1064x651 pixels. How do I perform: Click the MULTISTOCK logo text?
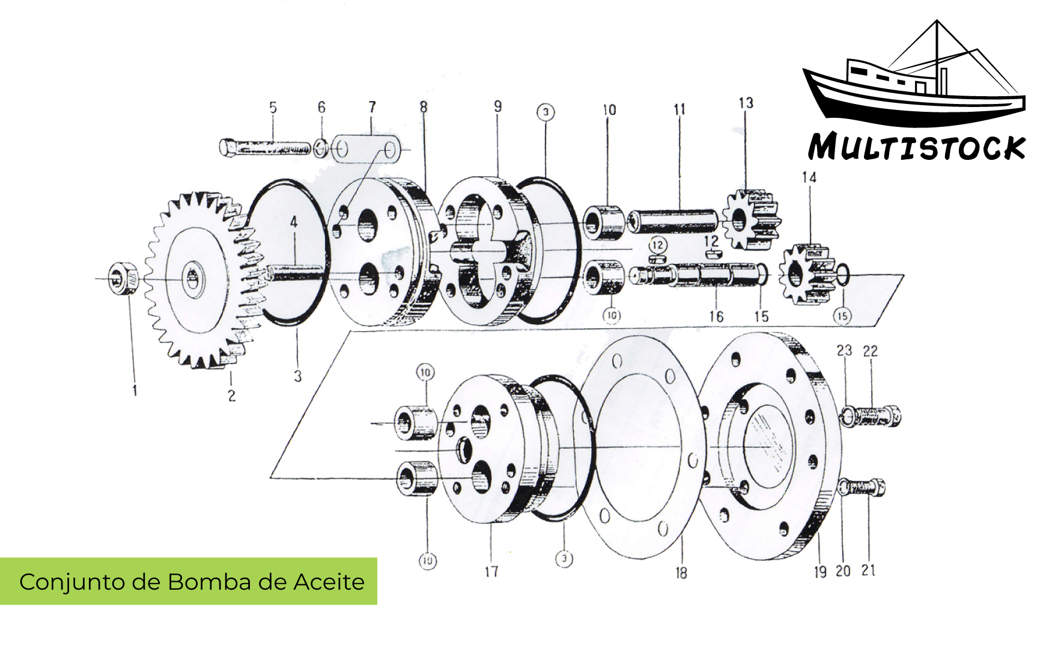click(916, 147)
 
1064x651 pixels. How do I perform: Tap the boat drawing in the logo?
click(913, 84)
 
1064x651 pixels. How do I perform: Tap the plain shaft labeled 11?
click(673, 221)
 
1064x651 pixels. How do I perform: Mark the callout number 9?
click(498, 106)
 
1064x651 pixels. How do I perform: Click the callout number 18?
click(681, 573)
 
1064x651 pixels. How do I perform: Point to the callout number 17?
click(491, 571)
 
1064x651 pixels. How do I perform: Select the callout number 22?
click(871, 351)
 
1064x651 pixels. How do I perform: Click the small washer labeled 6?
click(321, 147)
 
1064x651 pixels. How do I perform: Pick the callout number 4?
click(294, 222)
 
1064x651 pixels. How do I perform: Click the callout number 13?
click(746, 103)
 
